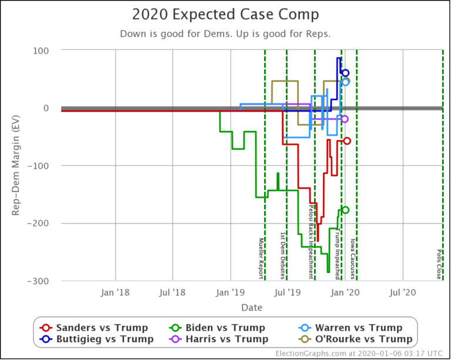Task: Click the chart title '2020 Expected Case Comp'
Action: (x=225, y=15)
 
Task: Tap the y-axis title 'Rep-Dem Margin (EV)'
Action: (x=16, y=165)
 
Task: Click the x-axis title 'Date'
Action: (x=251, y=307)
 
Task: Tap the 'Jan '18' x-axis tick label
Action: (x=116, y=292)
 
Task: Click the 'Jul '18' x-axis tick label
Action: (x=173, y=292)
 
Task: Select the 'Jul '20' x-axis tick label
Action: (x=403, y=292)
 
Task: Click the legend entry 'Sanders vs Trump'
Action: (x=94, y=328)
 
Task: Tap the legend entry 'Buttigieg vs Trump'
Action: (x=97, y=339)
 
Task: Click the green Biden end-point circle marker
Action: (x=345, y=210)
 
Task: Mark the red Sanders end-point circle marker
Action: (x=347, y=141)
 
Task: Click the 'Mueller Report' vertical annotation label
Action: (x=261, y=258)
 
